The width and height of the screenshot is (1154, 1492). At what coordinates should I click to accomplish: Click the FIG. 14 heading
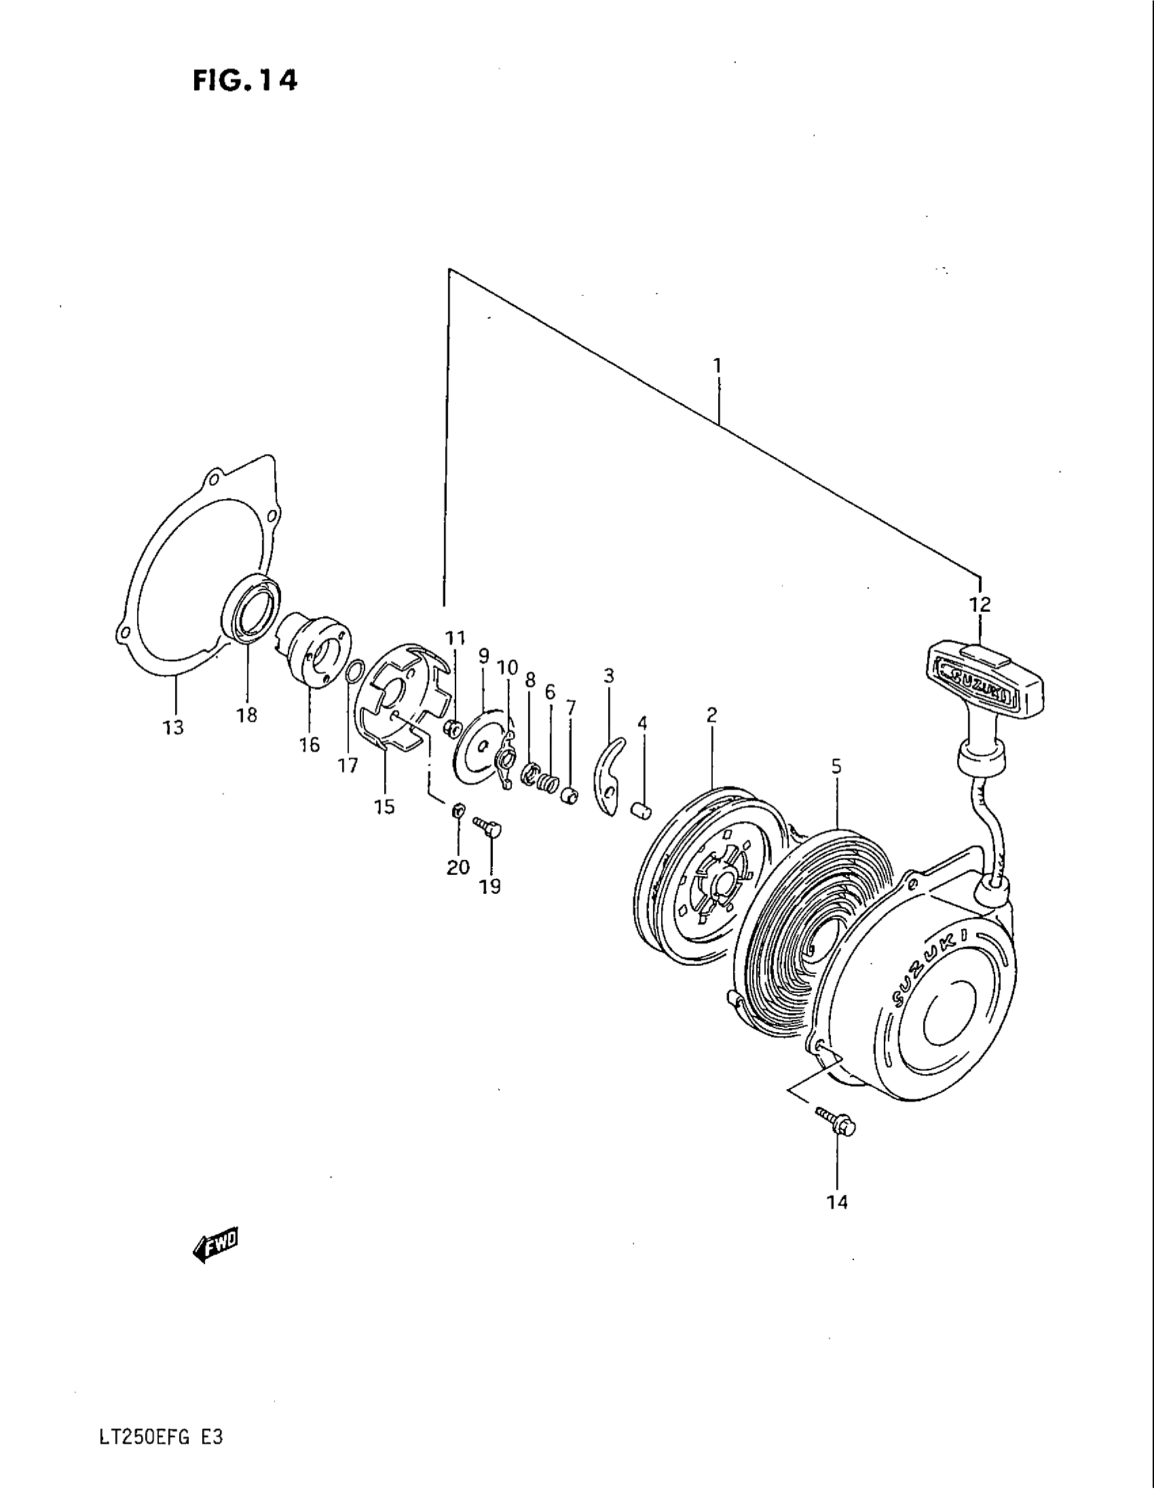245,81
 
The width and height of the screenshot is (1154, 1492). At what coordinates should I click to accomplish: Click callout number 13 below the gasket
174,728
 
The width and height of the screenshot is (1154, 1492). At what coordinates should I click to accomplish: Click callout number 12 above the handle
980,604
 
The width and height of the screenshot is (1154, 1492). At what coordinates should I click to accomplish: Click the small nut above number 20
459,811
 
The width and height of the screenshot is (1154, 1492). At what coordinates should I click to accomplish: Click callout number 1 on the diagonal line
717,366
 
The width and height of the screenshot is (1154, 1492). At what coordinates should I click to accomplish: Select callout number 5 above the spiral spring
836,767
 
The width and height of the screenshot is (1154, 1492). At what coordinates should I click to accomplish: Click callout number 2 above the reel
711,715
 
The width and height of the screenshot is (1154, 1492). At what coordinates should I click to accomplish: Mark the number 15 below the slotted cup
384,807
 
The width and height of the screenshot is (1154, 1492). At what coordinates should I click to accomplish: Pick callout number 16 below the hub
309,745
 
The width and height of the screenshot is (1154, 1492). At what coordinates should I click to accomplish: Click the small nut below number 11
451,730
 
